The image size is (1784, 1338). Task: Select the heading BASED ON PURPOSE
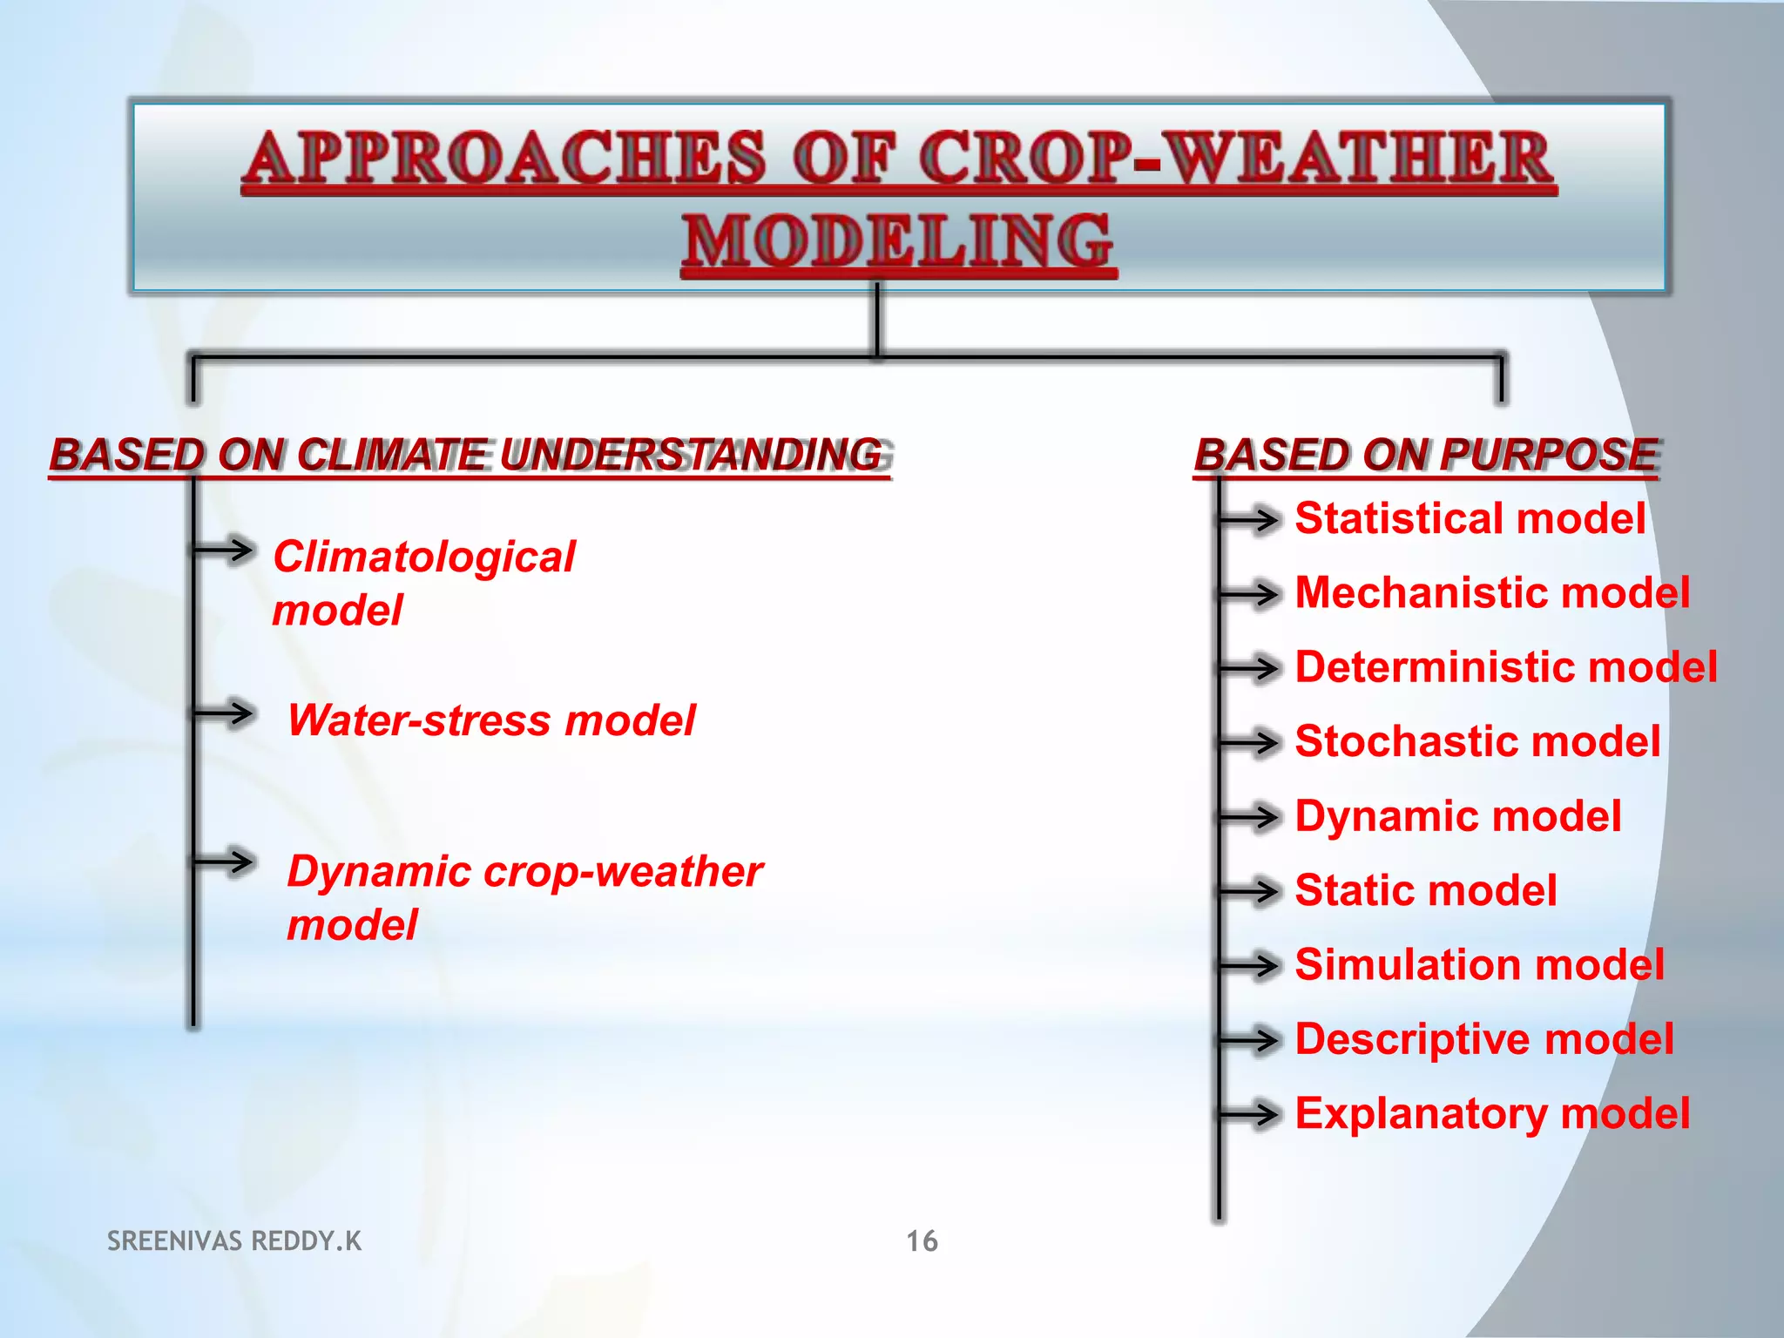(1426, 455)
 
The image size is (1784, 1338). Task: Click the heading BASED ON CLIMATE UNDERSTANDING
(468, 455)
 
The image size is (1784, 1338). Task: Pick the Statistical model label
(1470, 518)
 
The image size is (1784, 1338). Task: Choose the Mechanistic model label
(1491, 592)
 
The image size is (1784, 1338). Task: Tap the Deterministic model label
(1505, 667)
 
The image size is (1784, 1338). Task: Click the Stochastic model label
(1477, 741)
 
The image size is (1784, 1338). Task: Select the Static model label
(1425, 890)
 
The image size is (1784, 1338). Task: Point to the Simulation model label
(1479, 965)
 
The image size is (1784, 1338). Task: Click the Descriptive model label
(1483, 1039)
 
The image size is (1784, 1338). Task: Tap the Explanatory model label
(1491, 1113)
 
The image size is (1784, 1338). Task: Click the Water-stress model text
(491, 720)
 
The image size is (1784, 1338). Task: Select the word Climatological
(423, 557)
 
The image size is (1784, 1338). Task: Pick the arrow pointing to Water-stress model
(225, 713)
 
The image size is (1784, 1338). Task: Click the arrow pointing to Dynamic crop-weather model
(225, 862)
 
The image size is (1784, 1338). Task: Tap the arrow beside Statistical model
(1250, 520)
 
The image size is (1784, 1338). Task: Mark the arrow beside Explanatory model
(1250, 1114)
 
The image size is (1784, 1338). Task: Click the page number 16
(922, 1240)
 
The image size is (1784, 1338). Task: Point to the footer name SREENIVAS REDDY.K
(233, 1240)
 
